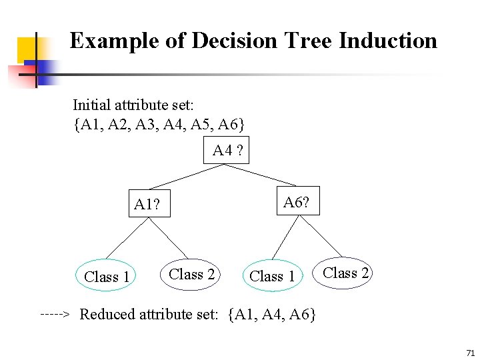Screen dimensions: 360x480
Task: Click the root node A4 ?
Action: (x=227, y=151)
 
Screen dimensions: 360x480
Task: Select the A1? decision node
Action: (x=147, y=204)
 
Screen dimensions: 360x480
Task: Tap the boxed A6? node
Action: (x=296, y=201)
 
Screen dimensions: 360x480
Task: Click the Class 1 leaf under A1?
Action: (x=107, y=276)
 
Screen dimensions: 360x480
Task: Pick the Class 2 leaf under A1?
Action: (x=192, y=274)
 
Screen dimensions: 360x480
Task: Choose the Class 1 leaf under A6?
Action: (x=272, y=276)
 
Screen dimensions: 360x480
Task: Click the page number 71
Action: (x=470, y=352)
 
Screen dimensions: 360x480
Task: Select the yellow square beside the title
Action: (x=27, y=49)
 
